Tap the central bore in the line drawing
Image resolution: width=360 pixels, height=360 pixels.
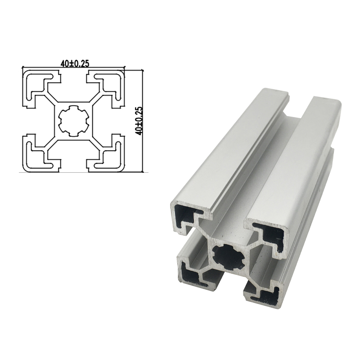click(x=72, y=121)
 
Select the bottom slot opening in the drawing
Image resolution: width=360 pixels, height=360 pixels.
click(x=73, y=165)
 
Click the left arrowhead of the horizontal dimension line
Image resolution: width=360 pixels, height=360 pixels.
click(x=24, y=67)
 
